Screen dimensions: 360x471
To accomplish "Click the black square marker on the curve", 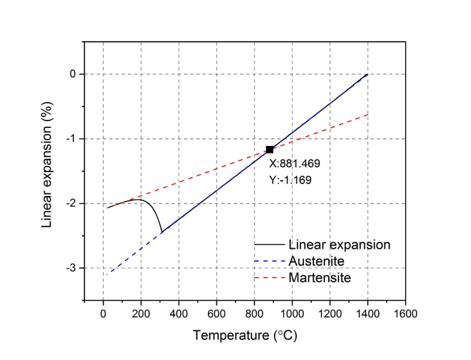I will tap(270, 149).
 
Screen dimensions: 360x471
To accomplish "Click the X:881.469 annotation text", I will tap(294, 164).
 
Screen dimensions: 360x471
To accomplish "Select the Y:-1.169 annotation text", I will tap(290, 180).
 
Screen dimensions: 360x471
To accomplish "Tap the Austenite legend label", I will tap(317, 261).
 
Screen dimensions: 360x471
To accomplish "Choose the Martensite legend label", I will tap(320, 277).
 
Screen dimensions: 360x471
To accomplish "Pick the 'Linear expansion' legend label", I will tap(339, 245).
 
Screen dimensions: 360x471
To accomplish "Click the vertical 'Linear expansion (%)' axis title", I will tap(47, 165).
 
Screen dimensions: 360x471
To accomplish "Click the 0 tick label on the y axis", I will tap(73, 74).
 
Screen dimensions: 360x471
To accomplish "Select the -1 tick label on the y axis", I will tap(71, 139).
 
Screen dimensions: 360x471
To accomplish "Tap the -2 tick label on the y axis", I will tap(71, 204).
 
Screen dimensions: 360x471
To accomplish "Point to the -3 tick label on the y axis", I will tap(71, 268).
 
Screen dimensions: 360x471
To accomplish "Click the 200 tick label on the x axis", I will tap(141, 314).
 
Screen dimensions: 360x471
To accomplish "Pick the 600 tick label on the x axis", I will tap(216, 314).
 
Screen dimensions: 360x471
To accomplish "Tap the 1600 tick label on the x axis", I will tap(405, 314).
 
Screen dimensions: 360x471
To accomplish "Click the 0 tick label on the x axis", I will tap(103, 314).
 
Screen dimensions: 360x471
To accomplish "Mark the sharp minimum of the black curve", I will tap(162, 232).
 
